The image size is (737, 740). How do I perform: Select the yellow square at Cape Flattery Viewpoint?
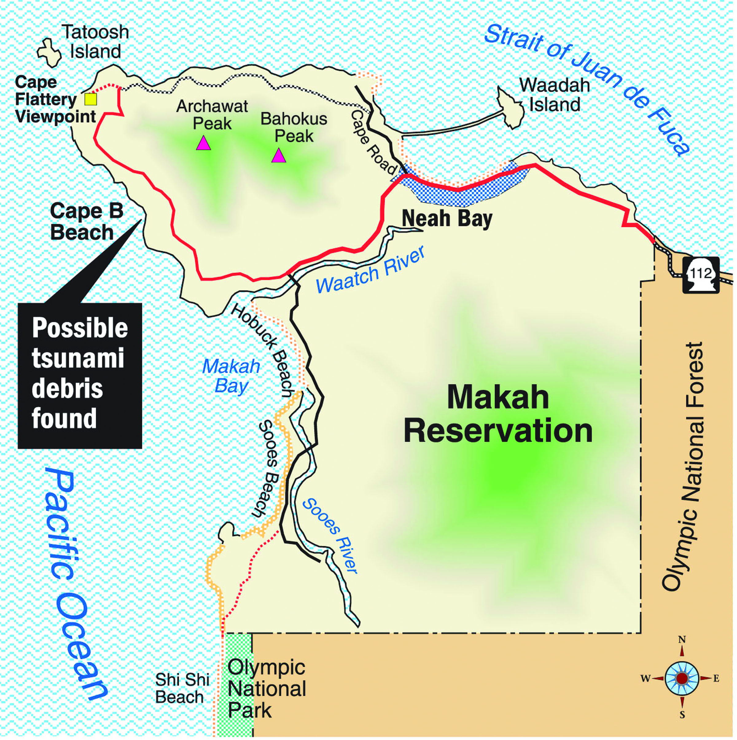tap(91, 99)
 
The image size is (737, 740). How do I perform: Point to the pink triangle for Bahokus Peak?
tap(279, 156)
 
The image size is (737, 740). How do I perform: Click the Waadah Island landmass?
tap(511, 107)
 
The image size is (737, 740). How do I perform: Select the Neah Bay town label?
tap(447, 219)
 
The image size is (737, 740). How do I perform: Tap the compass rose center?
tap(682, 678)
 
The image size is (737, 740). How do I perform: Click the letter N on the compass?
tap(682, 640)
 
